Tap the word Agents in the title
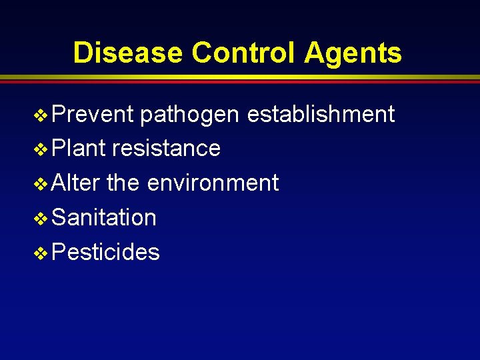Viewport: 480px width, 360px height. tap(353, 53)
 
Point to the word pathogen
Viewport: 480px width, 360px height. tap(190, 115)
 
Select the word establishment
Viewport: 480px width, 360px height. tap(321, 114)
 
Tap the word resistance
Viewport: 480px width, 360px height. tap(166, 148)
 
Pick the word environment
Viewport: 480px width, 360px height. tap(213, 183)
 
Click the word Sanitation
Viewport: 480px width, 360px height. tap(103, 217)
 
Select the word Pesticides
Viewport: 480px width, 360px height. tap(105, 252)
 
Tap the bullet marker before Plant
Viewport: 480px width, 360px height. tap(41, 149)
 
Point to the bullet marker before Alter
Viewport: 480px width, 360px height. tap(41, 183)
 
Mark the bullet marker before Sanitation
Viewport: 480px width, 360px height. tap(41, 218)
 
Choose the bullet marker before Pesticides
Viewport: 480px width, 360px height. tap(41, 253)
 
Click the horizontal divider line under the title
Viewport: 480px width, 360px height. tap(240, 79)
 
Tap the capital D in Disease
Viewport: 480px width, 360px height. tap(82, 53)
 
